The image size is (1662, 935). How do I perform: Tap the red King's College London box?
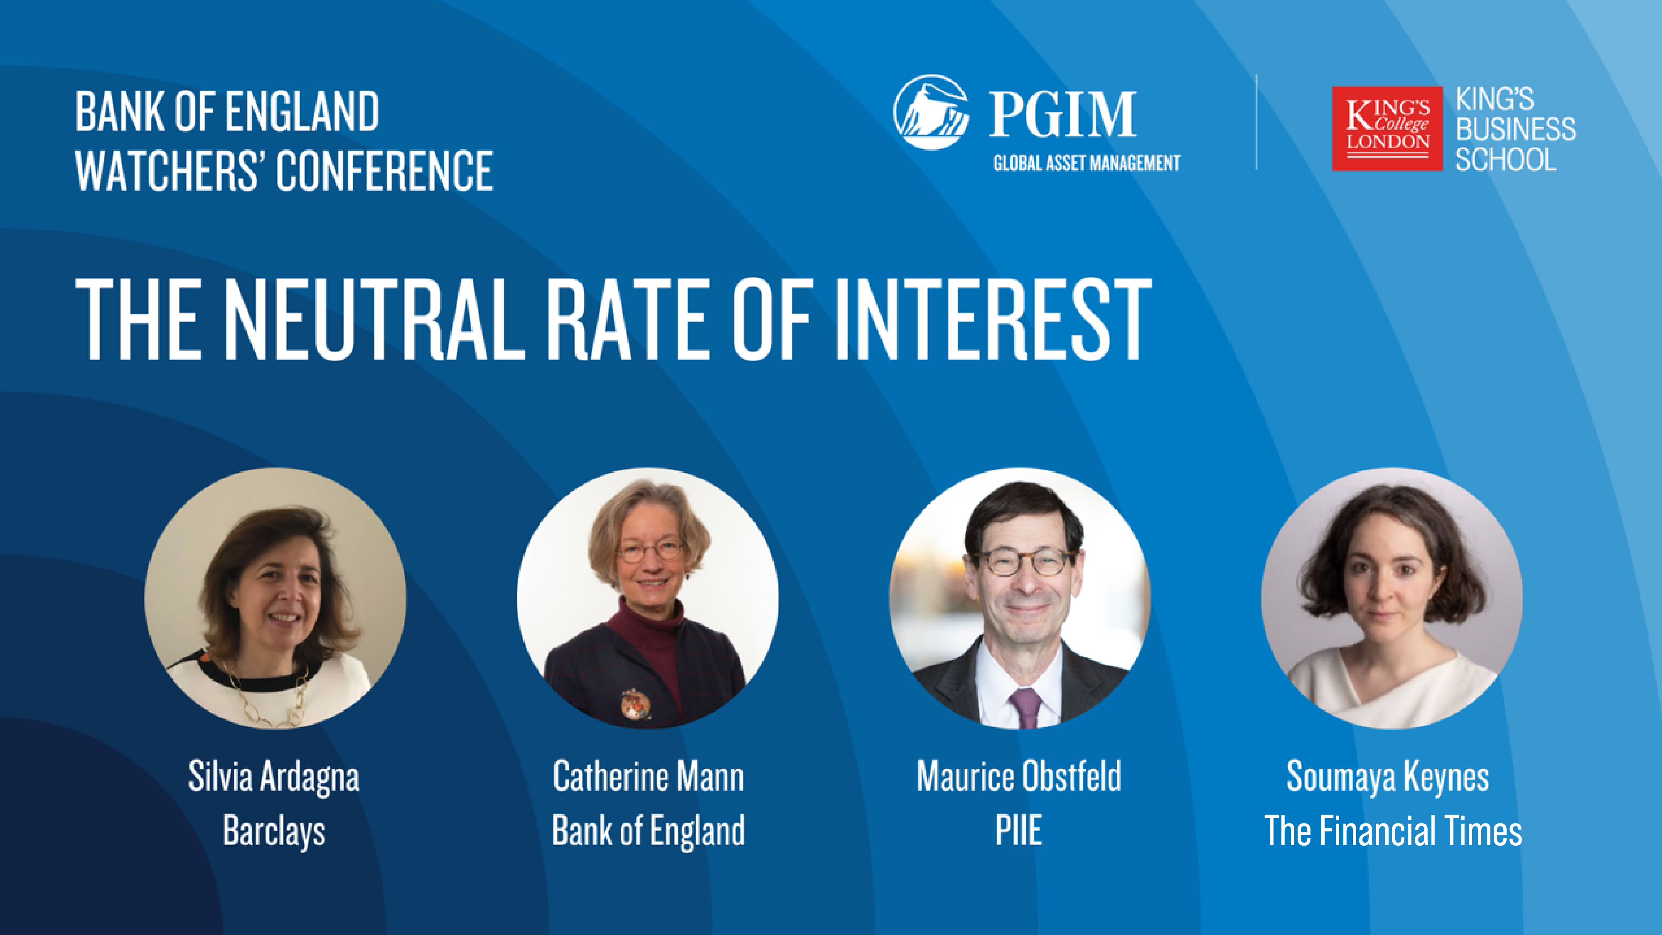point(1387,128)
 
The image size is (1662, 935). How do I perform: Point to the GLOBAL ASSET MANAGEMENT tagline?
point(1087,162)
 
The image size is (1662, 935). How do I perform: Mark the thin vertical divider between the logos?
point(1256,123)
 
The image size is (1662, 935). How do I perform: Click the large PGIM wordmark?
point(1062,113)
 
